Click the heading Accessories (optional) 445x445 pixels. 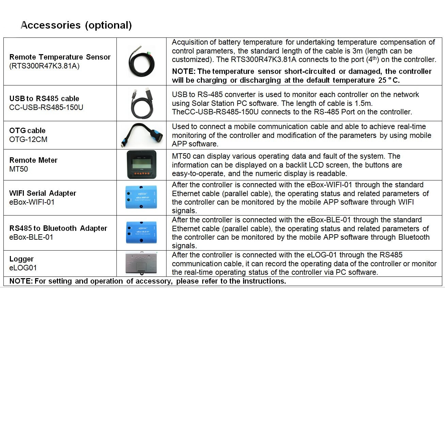(x=76, y=25)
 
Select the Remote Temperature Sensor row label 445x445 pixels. (x=60, y=57)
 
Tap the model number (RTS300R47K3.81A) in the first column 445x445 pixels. (x=44, y=66)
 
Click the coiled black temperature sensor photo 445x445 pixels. (x=141, y=62)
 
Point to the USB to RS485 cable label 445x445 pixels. (x=44, y=99)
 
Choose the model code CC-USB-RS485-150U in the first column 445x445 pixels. (x=46, y=108)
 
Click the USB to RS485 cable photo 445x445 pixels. (x=141, y=103)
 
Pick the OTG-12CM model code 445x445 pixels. (x=28, y=140)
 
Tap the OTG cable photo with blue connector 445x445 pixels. (x=141, y=135)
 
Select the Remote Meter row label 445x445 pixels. (x=33, y=160)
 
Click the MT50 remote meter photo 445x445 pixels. (x=141, y=165)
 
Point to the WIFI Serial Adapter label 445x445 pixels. (x=43, y=193)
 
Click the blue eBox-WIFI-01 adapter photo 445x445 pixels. (x=141, y=197)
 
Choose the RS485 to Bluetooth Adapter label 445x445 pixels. (x=58, y=228)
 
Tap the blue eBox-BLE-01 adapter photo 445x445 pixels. (x=141, y=233)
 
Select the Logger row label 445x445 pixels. (x=21, y=259)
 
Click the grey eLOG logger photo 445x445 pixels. (x=141, y=263)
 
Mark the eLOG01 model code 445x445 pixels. (x=23, y=268)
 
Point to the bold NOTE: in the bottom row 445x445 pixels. (x=21, y=281)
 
